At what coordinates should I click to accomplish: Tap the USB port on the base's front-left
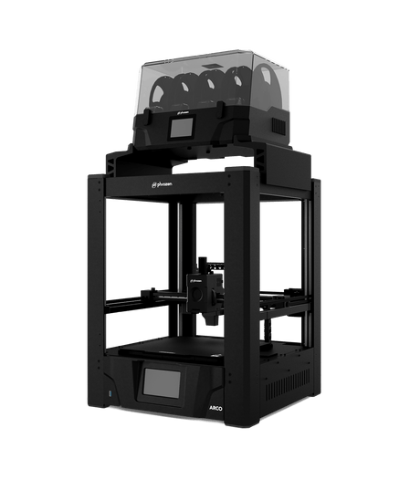(111, 394)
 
